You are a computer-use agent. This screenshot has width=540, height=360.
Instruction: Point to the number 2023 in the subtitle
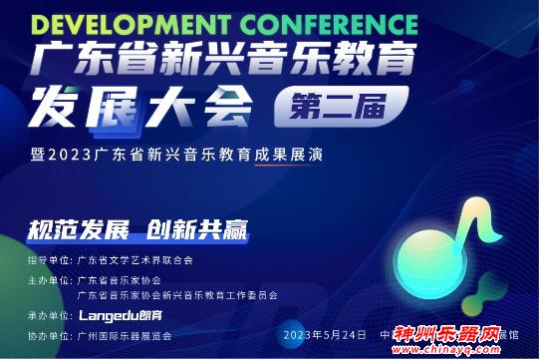pyautogui.click(x=71, y=156)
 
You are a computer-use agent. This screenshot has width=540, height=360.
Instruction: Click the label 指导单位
pyautogui.click(x=46, y=259)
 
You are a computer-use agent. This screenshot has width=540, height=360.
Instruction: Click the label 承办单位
pyautogui.click(x=46, y=314)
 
